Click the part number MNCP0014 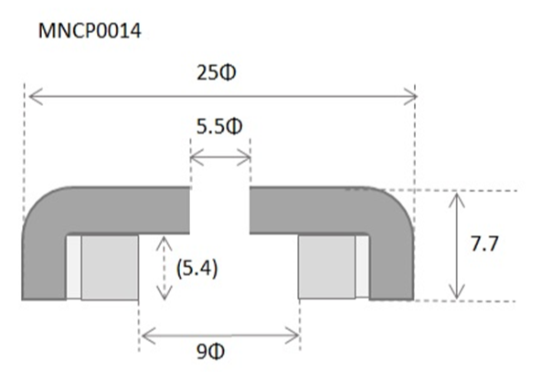[x=90, y=31]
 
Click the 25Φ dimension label [x=217, y=73]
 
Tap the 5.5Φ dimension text [x=219, y=126]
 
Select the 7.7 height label [x=484, y=244]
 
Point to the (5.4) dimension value [x=197, y=269]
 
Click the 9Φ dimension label [x=210, y=352]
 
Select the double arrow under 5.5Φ [x=220, y=158]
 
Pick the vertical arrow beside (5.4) [x=165, y=268]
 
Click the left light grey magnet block [x=110, y=267]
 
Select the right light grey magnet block [x=326, y=266]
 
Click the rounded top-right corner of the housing [x=397, y=204]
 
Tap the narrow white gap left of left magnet [x=74, y=267]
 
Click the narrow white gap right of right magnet [x=362, y=266]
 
